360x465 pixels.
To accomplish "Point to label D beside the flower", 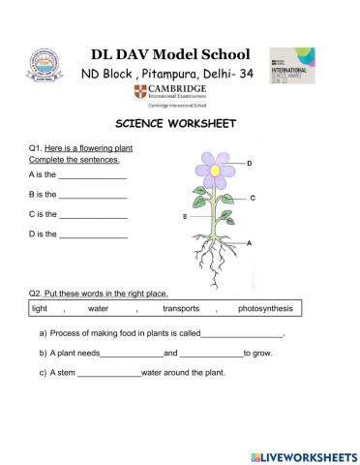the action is [x=249, y=164].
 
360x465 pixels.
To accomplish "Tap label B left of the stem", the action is [x=184, y=217].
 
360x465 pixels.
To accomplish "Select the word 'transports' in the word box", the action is [x=181, y=308].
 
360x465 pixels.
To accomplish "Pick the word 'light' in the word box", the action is [x=40, y=308].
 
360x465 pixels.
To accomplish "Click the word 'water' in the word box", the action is [x=98, y=308].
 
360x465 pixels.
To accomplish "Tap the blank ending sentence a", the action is [x=242, y=334].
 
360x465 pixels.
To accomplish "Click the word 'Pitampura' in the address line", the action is [x=172, y=75].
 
